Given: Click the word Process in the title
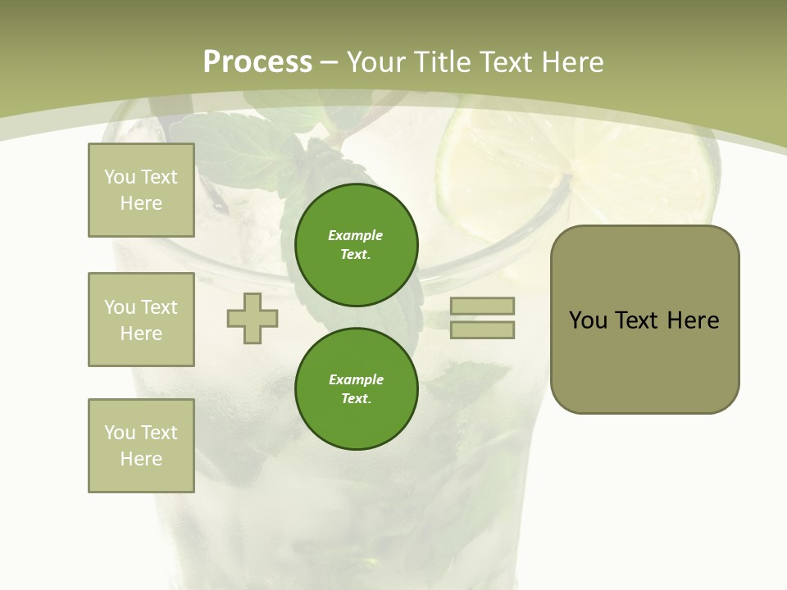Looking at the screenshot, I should (257, 61).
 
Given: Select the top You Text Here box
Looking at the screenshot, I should (141, 190).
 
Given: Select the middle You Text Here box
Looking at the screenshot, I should (141, 320).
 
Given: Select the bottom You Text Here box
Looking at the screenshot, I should (141, 445).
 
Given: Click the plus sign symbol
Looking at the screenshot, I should (252, 318).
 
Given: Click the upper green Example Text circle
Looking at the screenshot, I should (356, 244).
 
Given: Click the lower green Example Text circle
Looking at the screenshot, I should (356, 388).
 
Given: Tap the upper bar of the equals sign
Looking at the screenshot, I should (482, 306).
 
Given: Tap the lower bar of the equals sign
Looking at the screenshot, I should (482, 329).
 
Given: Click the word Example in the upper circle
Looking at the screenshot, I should (356, 235).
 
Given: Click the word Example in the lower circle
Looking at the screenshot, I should (356, 379).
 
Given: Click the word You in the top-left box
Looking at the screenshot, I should (120, 177).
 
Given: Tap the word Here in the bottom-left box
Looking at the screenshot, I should (141, 459).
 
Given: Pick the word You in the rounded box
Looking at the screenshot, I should (588, 320).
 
